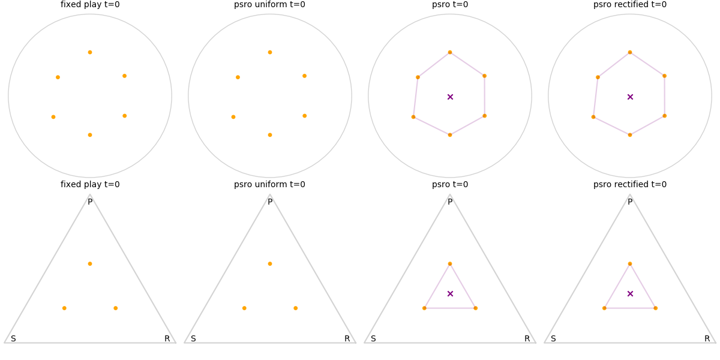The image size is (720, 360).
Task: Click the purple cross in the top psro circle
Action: click(x=450, y=97)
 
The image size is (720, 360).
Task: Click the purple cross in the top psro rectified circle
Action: click(x=630, y=97)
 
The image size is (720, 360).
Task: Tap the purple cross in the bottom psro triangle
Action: click(x=450, y=293)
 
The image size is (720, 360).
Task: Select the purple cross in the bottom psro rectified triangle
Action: click(x=630, y=293)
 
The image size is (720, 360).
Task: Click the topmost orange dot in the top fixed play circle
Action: click(x=90, y=52)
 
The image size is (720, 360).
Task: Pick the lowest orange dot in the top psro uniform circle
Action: click(x=270, y=134)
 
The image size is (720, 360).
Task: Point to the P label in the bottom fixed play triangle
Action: click(x=90, y=202)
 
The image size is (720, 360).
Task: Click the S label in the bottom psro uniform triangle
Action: click(x=193, y=339)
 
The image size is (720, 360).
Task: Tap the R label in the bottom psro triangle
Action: click(x=527, y=339)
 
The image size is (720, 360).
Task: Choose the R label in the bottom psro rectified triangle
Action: click(x=707, y=339)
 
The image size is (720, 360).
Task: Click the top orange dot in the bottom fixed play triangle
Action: click(x=90, y=263)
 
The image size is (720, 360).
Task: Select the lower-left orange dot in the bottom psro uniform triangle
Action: click(x=244, y=308)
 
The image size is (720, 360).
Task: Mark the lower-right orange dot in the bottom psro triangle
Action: click(x=475, y=308)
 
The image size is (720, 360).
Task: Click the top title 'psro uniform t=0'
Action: click(x=269, y=5)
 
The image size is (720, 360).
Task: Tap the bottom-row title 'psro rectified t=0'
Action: click(x=630, y=185)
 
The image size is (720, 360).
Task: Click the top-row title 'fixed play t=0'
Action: click(x=90, y=5)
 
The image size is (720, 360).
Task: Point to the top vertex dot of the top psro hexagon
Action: click(x=450, y=52)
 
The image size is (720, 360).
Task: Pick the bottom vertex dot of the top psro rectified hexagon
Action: click(x=630, y=134)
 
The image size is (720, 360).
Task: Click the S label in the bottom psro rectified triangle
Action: click(x=553, y=339)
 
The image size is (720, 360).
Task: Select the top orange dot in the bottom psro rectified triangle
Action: click(x=630, y=263)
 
